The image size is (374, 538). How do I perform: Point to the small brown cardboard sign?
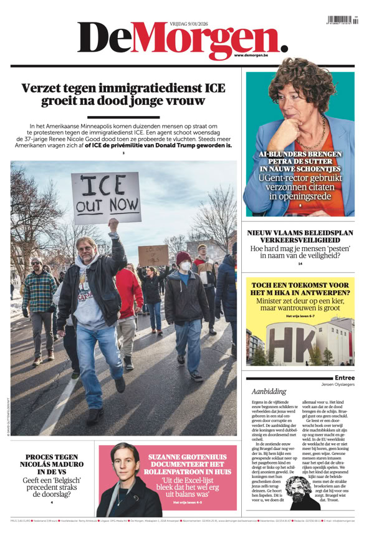[x=153, y=255]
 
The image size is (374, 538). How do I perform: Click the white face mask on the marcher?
[x=185, y=267]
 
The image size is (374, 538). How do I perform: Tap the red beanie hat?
[x=183, y=257]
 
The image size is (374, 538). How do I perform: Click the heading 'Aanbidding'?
[x=269, y=391]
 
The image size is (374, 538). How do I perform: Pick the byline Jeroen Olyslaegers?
[x=338, y=384]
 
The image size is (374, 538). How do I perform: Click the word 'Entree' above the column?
[x=345, y=378]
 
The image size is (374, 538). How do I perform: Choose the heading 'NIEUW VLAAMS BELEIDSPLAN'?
[x=300, y=233]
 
